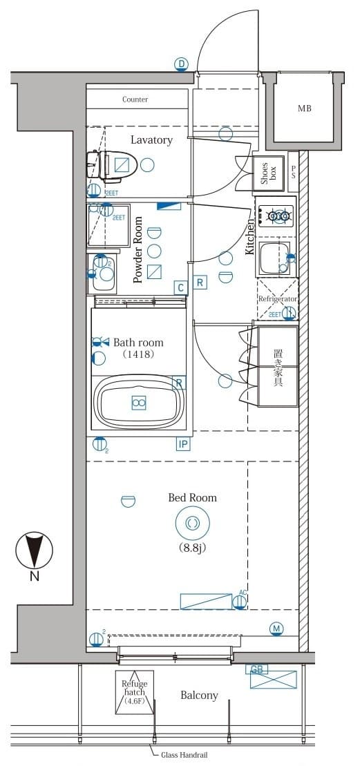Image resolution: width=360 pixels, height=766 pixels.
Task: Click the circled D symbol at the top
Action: [x=180, y=65]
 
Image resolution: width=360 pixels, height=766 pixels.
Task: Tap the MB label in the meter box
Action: [x=304, y=108]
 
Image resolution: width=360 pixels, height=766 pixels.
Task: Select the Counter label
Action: [x=135, y=99]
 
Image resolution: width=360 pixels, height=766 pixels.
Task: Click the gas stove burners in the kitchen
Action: [x=276, y=216]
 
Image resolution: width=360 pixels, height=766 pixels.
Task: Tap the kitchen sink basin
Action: [x=274, y=257]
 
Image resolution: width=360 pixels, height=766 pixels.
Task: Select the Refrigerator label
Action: [x=278, y=298]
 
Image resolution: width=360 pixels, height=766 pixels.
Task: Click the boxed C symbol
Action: [x=180, y=287]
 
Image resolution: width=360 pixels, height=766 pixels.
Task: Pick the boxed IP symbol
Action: [x=183, y=444]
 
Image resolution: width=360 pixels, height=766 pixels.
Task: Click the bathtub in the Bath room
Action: [x=139, y=403]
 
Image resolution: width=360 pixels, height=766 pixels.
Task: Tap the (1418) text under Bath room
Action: [x=138, y=354]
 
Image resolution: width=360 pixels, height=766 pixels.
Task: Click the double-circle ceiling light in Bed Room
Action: [x=192, y=524]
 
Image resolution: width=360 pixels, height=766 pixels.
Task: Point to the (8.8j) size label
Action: [x=192, y=549]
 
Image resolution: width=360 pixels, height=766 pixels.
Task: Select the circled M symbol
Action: [x=276, y=629]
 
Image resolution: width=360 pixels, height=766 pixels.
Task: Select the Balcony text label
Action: [x=199, y=696]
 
